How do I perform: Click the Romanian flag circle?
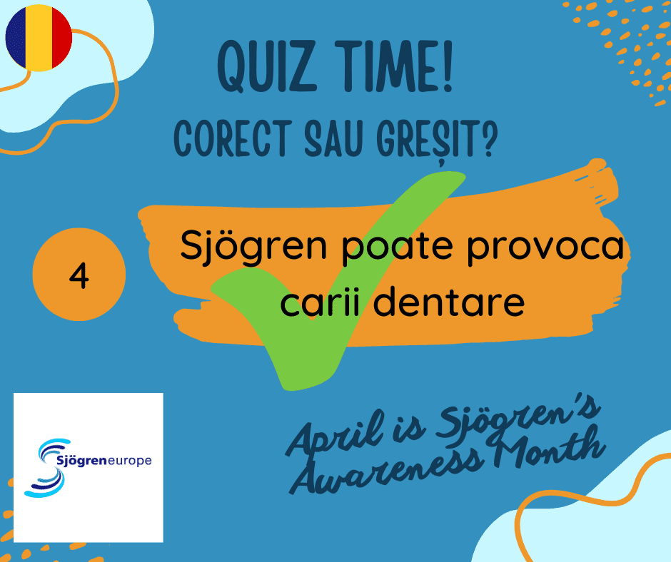[x=39, y=38]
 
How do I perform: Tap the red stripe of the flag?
[x=62, y=38]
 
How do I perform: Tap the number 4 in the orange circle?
[x=79, y=276]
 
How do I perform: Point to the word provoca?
[x=545, y=248]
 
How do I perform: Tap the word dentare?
[x=449, y=302]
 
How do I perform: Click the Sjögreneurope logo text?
[x=104, y=461]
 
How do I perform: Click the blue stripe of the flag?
[x=16, y=38]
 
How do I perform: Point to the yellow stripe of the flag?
[x=39, y=38]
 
